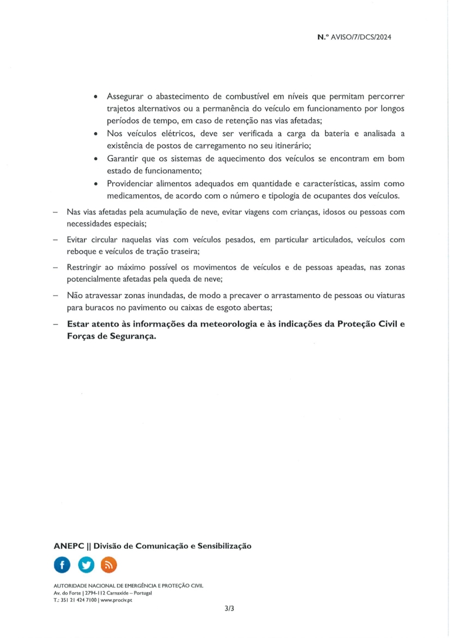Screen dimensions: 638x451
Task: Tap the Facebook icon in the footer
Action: [62, 565]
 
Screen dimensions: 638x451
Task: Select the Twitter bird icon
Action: [85, 565]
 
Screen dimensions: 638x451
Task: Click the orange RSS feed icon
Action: [109, 565]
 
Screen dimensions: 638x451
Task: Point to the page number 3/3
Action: [229, 609]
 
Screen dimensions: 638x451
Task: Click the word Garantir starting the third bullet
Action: [123, 159]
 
